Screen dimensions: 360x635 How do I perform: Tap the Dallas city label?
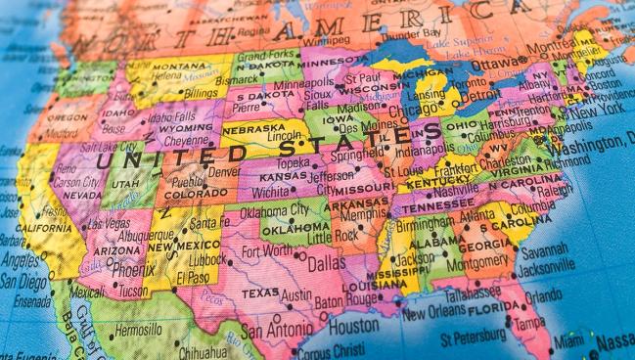click(326, 263)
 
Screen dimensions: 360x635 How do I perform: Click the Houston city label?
click(351, 327)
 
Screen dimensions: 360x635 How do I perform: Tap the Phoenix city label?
click(133, 269)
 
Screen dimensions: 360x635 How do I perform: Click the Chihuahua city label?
click(207, 350)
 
